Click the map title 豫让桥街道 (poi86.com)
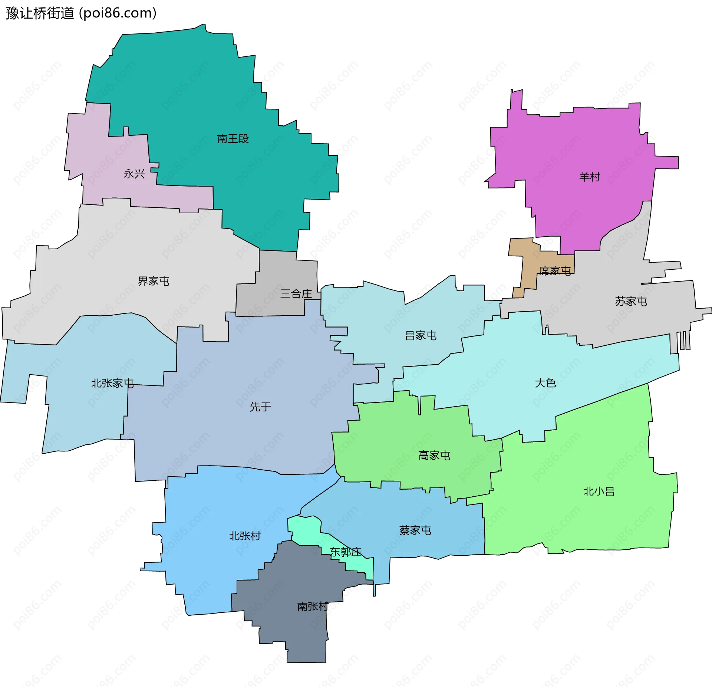(x=81, y=13)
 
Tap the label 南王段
(x=233, y=139)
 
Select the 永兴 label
(x=134, y=174)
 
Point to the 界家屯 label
(x=153, y=281)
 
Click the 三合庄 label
(x=296, y=294)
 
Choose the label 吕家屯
(x=421, y=336)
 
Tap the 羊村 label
(x=589, y=177)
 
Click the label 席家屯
(x=555, y=271)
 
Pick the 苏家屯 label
(x=631, y=302)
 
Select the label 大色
(x=545, y=383)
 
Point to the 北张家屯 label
(x=112, y=383)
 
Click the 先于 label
(x=260, y=407)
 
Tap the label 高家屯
(x=434, y=456)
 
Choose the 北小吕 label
(x=599, y=492)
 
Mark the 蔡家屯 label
(x=415, y=530)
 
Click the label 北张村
(x=245, y=536)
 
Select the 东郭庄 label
(x=346, y=552)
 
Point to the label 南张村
(x=313, y=607)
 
